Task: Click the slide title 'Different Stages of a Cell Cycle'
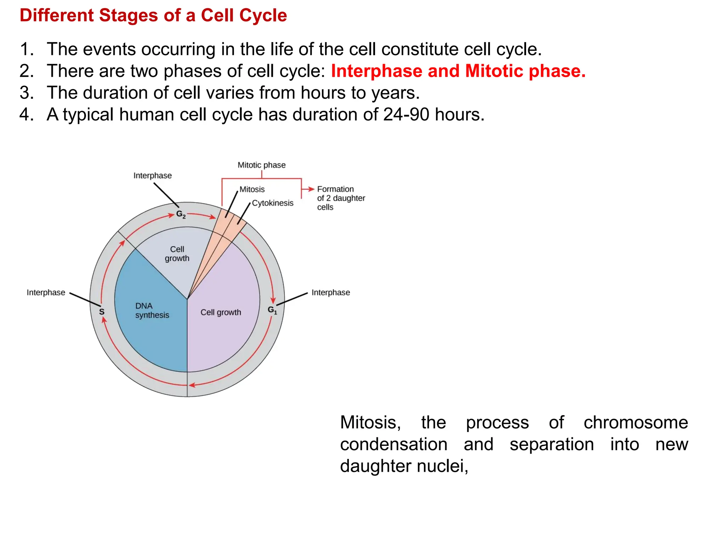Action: click(x=153, y=16)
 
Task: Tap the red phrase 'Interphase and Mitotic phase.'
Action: click(x=458, y=71)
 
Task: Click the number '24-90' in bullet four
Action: click(x=406, y=115)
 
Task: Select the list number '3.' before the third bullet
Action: click(x=27, y=93)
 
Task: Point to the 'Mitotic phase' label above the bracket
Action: click(x=261, y=165)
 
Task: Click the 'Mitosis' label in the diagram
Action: click(x=252, y=189)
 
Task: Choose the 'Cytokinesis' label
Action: click(x=273, y=203)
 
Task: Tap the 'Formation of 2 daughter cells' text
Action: click(x=340, y=198)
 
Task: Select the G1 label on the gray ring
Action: click(x=272, y=310)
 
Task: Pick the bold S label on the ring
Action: click(x=102, y=312)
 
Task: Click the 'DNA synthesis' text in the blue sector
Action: click(x=152, y=311)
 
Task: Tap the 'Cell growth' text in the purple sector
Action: click(x=220, y=312)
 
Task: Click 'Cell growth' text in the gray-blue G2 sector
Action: click(x=177, y=254)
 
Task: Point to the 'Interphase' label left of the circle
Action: click(x=46, y=293)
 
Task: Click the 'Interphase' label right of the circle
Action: click(x=330, y=293)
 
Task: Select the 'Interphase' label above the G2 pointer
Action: click(x=152, y=176)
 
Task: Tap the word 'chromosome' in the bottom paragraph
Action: click(x=635, y=423)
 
